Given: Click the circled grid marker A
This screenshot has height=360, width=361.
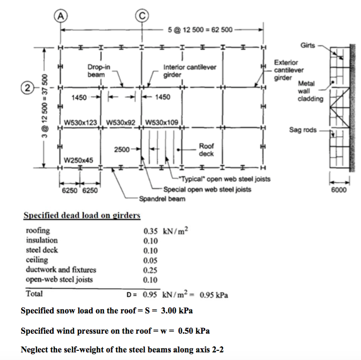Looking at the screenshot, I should pyautogui.click(x=61, y=16).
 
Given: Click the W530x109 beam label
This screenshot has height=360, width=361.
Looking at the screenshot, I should pyautogui.click(x=162, y=123).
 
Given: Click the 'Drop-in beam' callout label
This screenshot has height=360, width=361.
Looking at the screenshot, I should pyautogui.click(x=98, y=71).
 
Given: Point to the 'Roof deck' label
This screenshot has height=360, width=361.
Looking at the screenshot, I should pyautogui.click(x=206, y=149).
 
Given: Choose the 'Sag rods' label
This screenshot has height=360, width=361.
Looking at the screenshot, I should pyautogui.click(x=302, y=130).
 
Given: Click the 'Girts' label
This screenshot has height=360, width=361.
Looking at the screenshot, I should pyautogui.click(x=308, y=46).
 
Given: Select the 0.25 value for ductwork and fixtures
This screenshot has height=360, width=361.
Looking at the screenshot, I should pyautogui.click(x=151, y=270).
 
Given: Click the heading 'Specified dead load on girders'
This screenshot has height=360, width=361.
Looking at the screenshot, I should pyautogui.click(x=82, y=216).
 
